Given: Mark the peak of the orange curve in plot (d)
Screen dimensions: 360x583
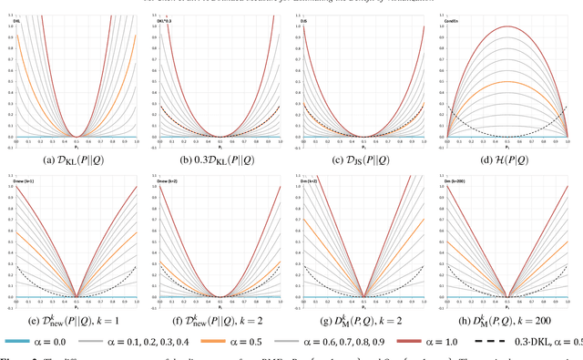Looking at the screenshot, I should coord(506,82).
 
